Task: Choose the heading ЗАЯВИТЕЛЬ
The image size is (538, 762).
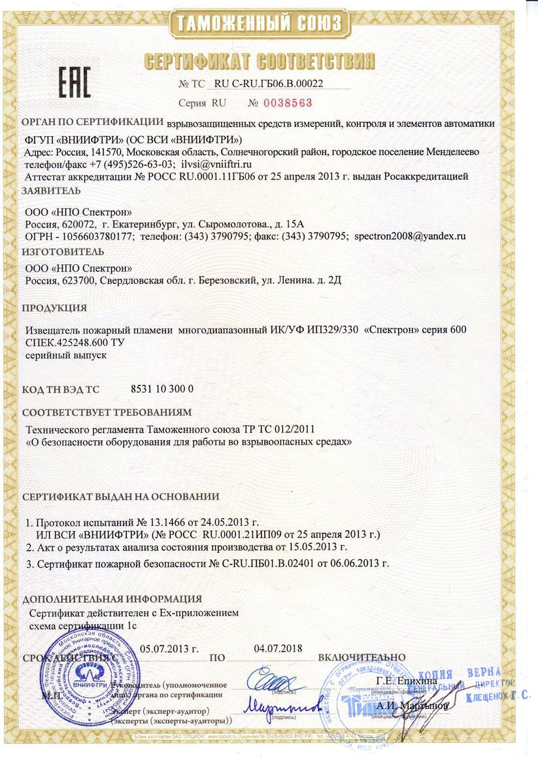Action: coord(52,191)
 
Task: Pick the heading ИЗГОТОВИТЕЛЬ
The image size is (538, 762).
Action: coord(63,251)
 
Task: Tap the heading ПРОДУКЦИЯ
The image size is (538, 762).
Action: coord(55,308)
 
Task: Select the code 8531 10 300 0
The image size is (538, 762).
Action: coord(163,389)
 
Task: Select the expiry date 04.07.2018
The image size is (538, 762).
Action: coord(277,649)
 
